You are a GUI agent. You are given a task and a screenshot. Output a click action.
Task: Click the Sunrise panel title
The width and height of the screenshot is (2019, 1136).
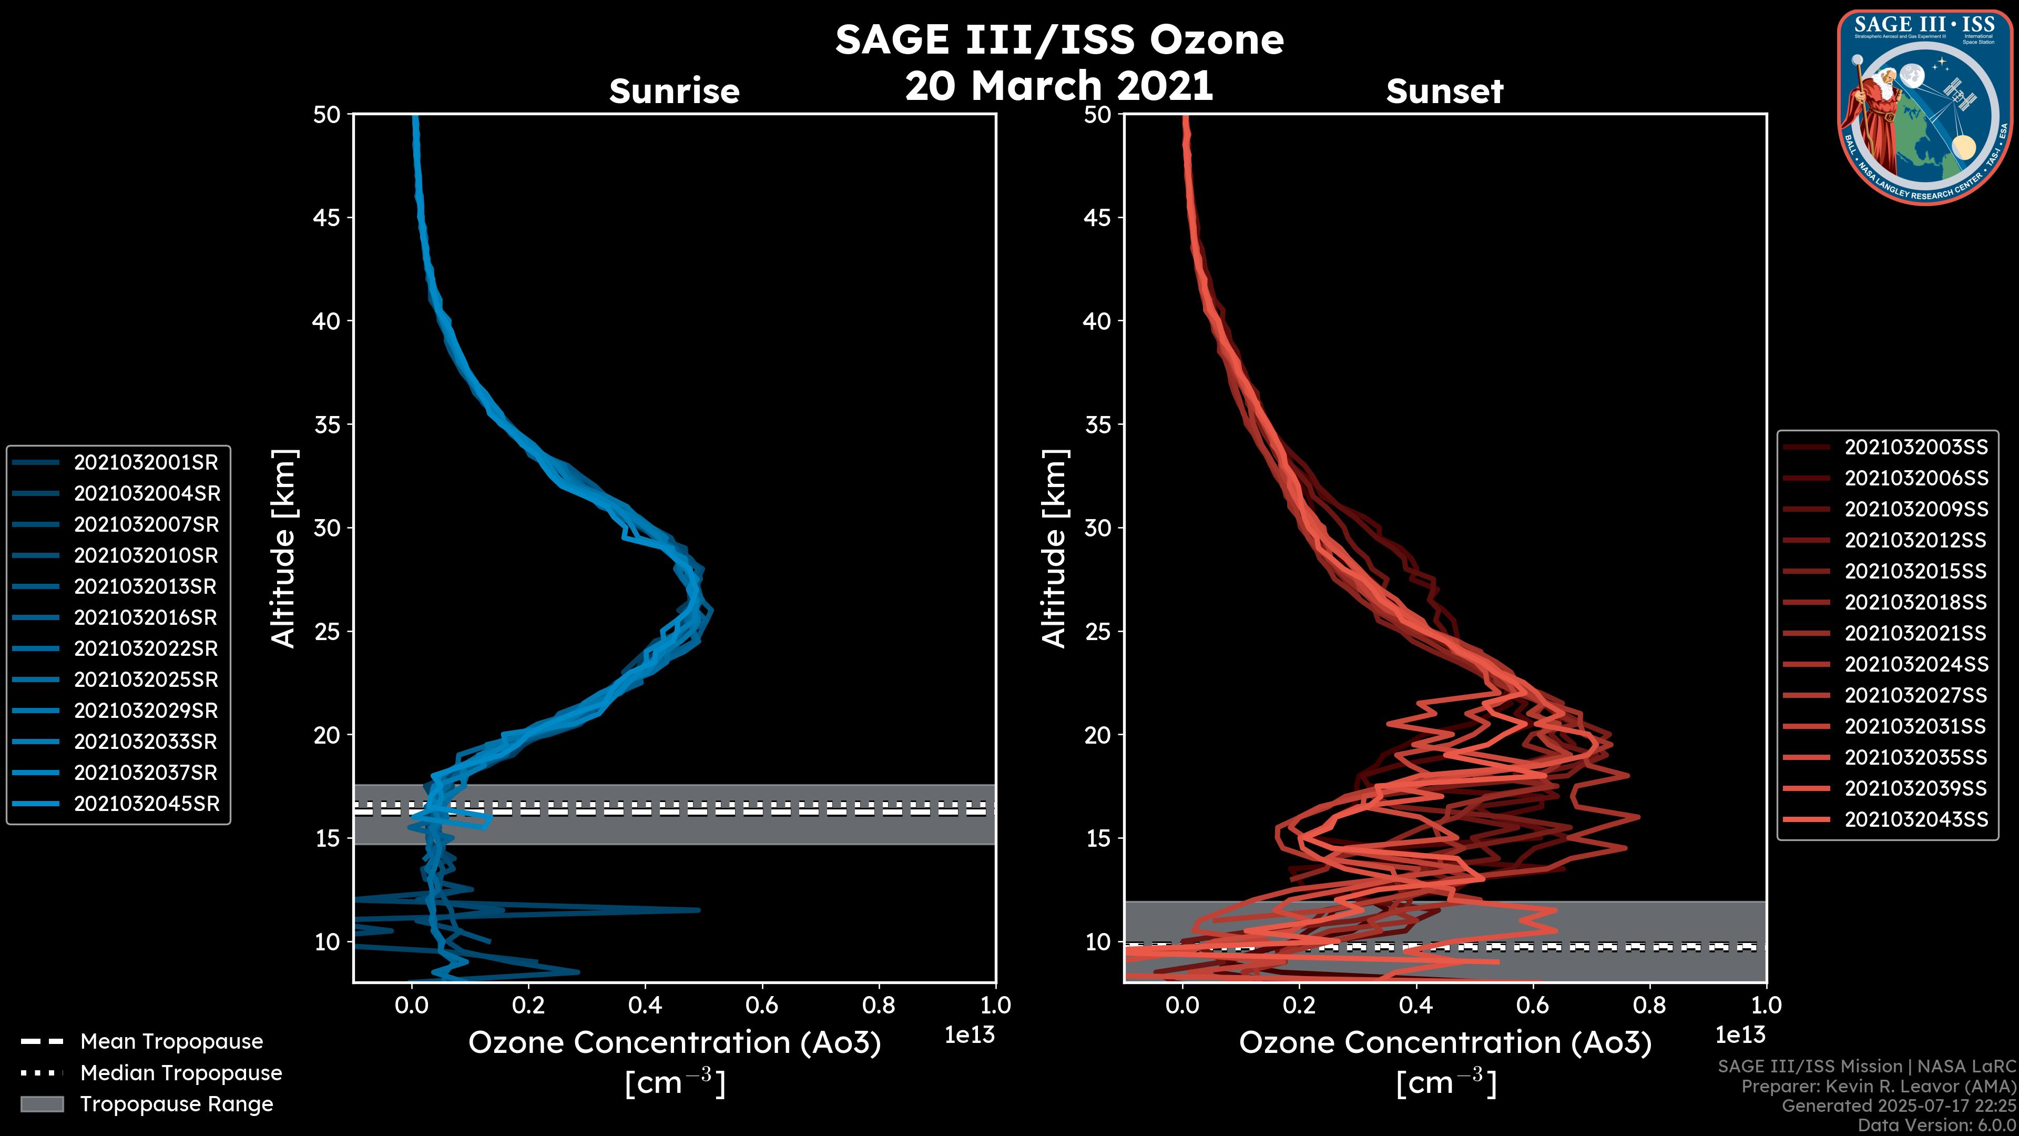[674, 91]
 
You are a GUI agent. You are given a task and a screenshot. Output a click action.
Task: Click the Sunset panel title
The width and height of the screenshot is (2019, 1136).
[1444, 91]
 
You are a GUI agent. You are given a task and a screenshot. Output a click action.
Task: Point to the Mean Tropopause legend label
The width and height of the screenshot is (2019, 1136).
[171, 1041]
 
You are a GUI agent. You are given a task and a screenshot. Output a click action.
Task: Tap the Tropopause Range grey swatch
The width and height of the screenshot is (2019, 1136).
[42, 1104]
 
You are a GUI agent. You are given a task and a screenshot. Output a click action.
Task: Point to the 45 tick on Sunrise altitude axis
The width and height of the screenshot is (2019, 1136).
[327, 217]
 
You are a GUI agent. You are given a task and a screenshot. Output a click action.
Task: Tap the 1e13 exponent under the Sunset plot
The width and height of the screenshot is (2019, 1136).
[1740, 1035]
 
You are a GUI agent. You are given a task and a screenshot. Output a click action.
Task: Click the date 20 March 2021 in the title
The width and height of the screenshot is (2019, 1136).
[1059, 85]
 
